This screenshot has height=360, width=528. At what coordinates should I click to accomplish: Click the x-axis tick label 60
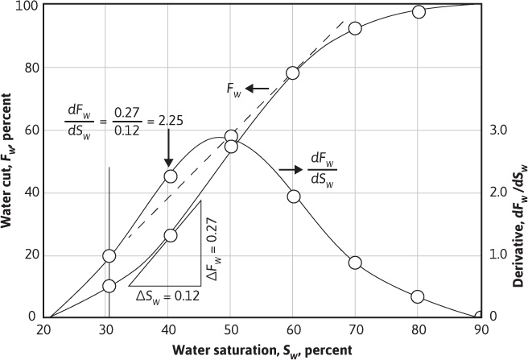click(x=293, y=329)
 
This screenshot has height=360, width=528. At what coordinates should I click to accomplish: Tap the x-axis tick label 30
click(x=109, y=329)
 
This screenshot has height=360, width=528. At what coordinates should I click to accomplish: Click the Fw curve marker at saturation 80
click(x=419, y=11)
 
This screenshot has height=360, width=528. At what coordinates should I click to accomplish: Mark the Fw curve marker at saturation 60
click(x=293, y=72)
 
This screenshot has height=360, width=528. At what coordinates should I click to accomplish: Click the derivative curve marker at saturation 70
click(x=355, y=263)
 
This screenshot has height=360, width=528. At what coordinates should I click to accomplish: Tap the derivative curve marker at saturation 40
click(x=170, y=176)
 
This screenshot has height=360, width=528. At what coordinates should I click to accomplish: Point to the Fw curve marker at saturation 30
click(x=109, y=286)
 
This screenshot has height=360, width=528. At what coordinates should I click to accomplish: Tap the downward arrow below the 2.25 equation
click(x=169, y=149)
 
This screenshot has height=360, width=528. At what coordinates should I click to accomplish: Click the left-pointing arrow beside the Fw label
click(x=259, y=87)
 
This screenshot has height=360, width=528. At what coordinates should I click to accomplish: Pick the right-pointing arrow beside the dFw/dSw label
click(x=289, y=170)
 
